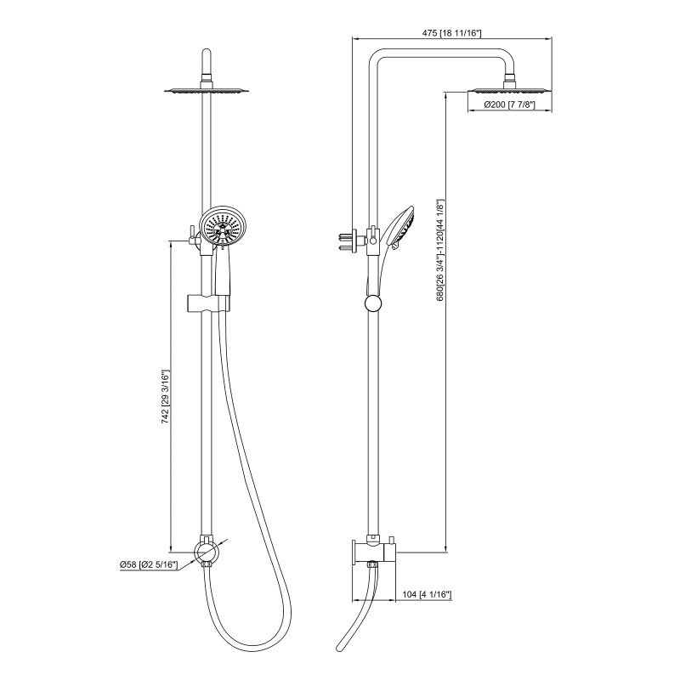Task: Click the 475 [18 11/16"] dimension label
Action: pos(451,33)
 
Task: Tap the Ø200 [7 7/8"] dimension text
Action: pos(509,105)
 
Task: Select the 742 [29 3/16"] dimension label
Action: pos(165,396)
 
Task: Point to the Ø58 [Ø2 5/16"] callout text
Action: pos(149,564)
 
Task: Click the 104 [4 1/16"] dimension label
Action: pos(428,594)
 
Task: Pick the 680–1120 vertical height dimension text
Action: pos(440,250)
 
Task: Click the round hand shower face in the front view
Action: pos(223,227)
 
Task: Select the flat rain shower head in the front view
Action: pos(207,90)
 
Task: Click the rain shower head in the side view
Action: pos(509,90)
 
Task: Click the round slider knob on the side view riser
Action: pos(373,303)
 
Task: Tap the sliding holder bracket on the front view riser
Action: pos(208,303)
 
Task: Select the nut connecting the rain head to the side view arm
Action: pos(509,78)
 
